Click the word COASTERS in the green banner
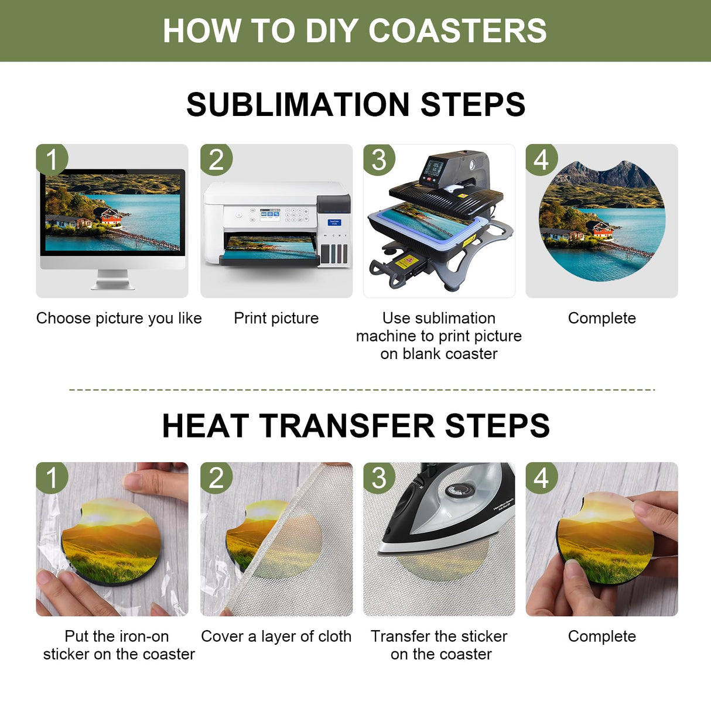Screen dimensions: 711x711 coord(457,30)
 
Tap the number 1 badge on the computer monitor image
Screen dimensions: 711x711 coord(52,159)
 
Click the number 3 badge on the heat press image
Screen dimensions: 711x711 coord(379,159)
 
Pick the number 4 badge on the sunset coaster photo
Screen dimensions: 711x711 coord(541,477)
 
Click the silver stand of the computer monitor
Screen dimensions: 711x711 coord(112,280)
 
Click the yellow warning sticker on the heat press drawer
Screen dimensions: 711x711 coord(404,261)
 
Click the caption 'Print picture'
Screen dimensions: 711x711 coord(276,318)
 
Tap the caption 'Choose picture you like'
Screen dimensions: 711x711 coord(119,318)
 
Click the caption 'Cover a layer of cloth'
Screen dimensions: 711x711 coord(276,636)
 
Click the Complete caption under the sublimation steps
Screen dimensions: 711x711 coord(601,318)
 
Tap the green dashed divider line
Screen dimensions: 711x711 coord(361,389)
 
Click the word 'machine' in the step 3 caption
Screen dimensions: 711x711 coord(385,336)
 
